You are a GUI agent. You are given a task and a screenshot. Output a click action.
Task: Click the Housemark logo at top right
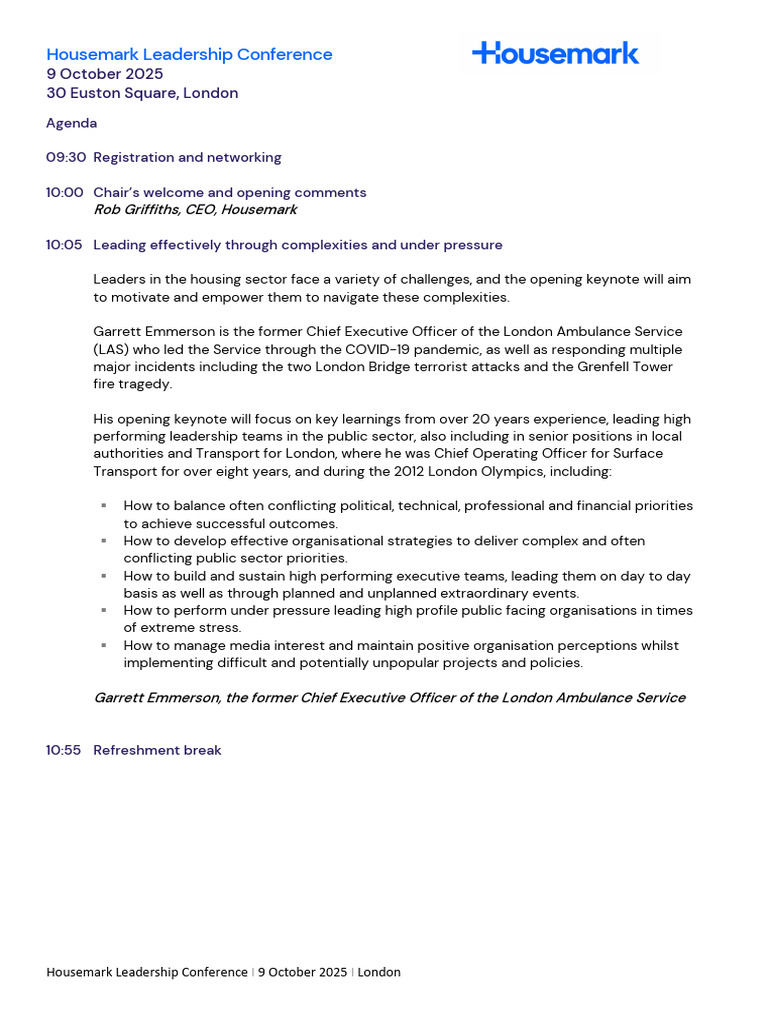(x=555, y=54)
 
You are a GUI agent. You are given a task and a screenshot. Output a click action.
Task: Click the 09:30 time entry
(x=65, y=158)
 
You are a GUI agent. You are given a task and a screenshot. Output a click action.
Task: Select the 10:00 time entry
(x=65, y=193)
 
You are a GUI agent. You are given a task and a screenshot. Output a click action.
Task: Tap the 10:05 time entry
(x=65, y=245)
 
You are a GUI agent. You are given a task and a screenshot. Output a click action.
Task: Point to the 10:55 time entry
(x=64, y=750)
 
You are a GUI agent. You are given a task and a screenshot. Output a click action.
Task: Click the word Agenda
(x=72, y=124)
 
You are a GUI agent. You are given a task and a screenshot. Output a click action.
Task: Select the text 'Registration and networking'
(x=187, y=158)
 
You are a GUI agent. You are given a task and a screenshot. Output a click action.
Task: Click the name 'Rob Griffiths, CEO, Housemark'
(x=195, y=210)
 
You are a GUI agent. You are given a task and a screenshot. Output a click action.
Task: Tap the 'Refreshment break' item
(x=157, y=750)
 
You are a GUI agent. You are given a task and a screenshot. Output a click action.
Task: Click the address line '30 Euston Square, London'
(x=142, y=93)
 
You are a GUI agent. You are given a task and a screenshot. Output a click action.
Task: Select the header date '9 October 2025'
(x=105, y=74)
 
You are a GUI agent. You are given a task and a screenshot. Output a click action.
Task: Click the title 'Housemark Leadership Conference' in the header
(x=189, y=55)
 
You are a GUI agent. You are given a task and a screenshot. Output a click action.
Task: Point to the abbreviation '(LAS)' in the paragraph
(x=111, y=350)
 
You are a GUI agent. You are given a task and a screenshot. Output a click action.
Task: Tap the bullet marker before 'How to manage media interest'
(x=104, y=645)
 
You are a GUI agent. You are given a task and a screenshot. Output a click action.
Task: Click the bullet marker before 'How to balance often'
(x=104, y=506)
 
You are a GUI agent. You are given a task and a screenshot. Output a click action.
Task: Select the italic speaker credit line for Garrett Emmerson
(x=389, y=698)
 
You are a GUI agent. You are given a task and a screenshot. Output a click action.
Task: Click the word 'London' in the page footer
(x=379, y=972)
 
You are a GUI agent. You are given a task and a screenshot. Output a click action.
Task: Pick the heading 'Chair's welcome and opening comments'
(x=230, y=193)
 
